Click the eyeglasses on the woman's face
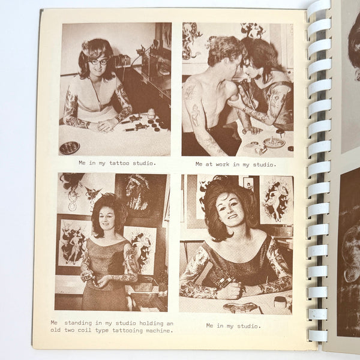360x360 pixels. click(x=99, y=61)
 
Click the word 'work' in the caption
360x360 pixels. click(x=227, y=164)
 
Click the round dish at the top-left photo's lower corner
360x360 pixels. click(x=70, y=148)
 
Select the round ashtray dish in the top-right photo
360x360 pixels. click(x=274, y=143)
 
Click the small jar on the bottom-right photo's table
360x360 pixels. click(x=280, y=302)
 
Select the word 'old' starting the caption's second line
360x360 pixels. click(x=56, y=331)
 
